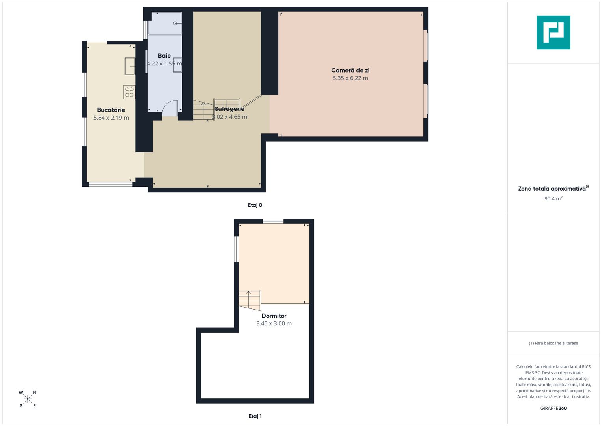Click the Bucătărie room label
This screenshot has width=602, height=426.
tap(111, 110)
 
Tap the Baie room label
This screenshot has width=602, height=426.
tap(164, 56)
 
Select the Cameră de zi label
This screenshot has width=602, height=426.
tap(350, 70)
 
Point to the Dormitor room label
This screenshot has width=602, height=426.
tap(274, 316)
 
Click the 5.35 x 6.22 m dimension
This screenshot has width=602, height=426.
tap(350, 78)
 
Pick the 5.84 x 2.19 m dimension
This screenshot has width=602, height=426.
tap(111, 118)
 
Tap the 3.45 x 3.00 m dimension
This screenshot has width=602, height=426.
tap(274, 323)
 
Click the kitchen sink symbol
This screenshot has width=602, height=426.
tap(130, 66)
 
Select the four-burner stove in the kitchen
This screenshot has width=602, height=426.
tap(129, 92)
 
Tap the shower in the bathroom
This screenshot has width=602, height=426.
tap(165, 23)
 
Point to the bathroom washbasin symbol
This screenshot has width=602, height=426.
tap(177, 65)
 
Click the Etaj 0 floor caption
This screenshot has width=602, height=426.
tap(255, 205)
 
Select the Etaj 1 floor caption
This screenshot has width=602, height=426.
tap(255, 416)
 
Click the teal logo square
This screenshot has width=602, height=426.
tap(553, 32)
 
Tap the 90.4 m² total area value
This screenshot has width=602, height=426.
tap(553, 198)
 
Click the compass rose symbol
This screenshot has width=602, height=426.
tap(28, 399)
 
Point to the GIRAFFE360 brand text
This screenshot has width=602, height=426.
tap(553, 408)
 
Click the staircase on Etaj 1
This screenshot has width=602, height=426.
tap(250, 300)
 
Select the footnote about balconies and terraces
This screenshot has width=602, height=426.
tap(553, 343)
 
